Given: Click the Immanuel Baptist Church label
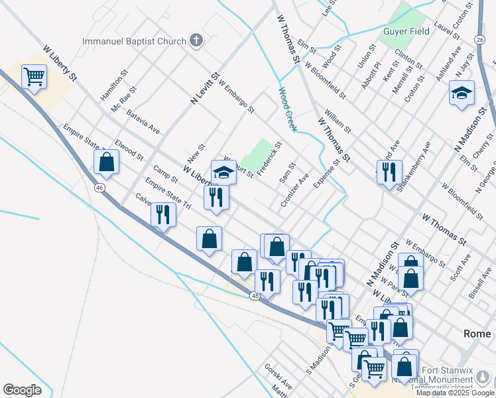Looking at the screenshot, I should [x=134, y=41].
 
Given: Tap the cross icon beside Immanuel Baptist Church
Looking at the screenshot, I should [x=196, y=41].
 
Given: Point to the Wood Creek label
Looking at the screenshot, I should [x=287, y=109].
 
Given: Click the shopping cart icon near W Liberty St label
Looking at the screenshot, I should [x=34, y=76].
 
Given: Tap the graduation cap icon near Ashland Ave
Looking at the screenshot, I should [x=462, y=93].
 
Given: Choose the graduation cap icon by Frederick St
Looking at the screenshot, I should [x=224, y=172].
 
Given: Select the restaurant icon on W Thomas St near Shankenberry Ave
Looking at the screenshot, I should [x=389, y=172].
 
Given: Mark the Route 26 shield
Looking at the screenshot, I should [x=480, y=40].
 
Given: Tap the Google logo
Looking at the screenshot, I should [x=22, y=390].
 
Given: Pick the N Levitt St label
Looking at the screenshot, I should [x=205, y=88].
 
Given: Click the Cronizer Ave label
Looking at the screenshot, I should [x=295, y=190].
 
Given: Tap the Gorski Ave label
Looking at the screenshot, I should [x=278, y=376].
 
